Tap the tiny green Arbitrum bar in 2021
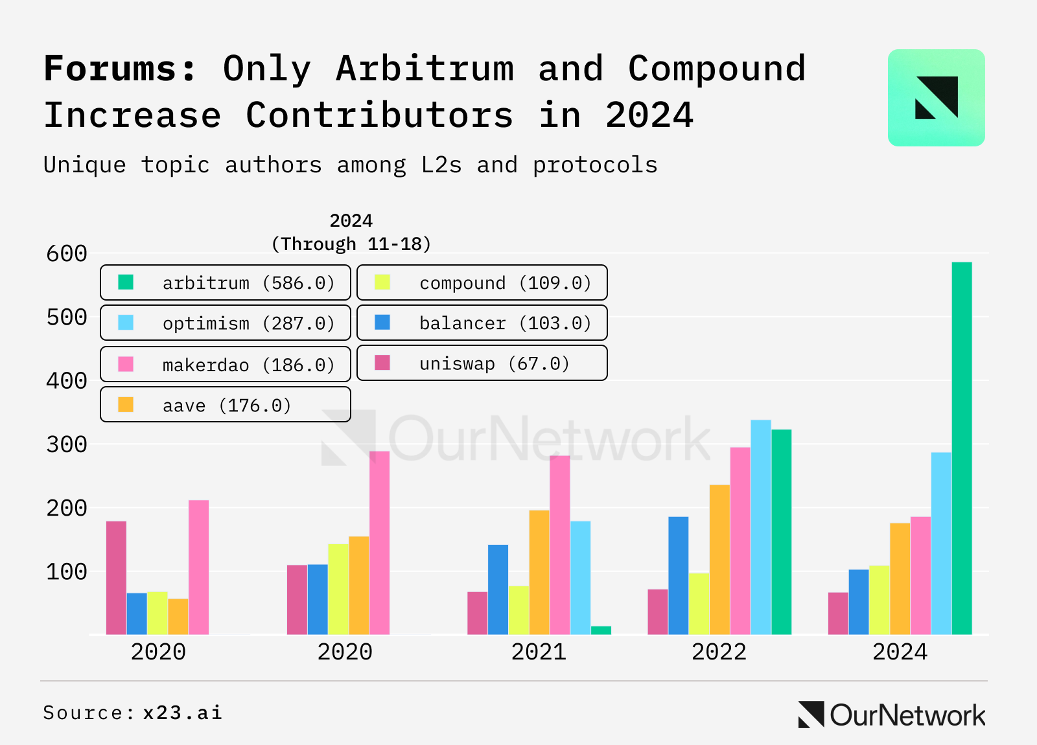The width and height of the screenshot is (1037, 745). [601, 630]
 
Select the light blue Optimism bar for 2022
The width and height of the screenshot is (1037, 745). [761, 527]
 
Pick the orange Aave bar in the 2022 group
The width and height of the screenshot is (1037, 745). [719, 560]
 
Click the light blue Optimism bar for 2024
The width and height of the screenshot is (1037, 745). [941, 544]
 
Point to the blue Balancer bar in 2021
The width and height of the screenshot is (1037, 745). [498, 590]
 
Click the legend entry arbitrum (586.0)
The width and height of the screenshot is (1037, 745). [226, 283]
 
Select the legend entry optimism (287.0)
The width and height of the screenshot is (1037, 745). [226, 323]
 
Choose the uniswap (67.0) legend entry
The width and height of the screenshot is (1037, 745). [482, 363]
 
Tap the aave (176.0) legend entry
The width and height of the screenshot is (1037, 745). [226, 406]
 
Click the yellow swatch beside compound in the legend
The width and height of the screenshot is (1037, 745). [382, 282]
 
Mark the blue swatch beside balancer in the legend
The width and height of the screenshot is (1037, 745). [382, 323]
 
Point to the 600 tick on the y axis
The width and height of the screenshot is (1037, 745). [67, 253]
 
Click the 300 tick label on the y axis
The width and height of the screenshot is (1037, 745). [67, 444]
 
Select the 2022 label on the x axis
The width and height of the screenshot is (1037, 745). [719, 652]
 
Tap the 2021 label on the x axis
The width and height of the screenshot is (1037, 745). [539, 652]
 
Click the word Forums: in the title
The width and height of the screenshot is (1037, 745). [120, 69]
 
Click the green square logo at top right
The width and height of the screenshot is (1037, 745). [936, 98]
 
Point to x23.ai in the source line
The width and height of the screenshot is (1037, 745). [182, 713]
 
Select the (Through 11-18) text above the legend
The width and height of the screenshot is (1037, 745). [351, 244]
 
